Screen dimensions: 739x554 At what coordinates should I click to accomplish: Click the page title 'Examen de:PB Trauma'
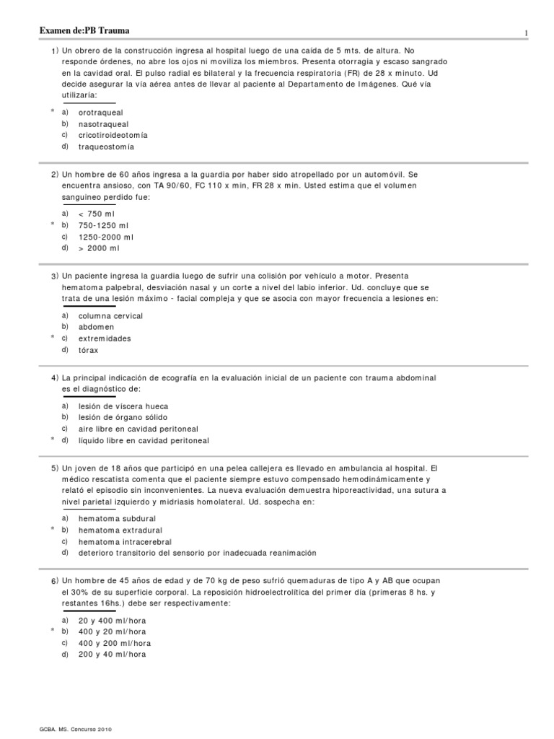[84, 30]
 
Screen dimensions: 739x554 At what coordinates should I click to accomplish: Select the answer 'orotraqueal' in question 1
[100, 113]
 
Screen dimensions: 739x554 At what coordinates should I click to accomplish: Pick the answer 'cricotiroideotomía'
[113, 135]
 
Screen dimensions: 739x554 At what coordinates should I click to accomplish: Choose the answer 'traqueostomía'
[106, 147]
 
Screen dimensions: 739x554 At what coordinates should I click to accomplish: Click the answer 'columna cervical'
[110, 316]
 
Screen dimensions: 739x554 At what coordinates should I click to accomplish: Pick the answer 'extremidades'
[105, 338]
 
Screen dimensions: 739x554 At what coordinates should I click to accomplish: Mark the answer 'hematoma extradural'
[118, 530]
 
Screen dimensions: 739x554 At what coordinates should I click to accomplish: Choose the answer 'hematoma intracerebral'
[125, 542]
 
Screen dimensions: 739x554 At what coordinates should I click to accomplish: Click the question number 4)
[55, 378]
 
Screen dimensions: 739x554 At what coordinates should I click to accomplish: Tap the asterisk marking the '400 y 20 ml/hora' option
[53, 631]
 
